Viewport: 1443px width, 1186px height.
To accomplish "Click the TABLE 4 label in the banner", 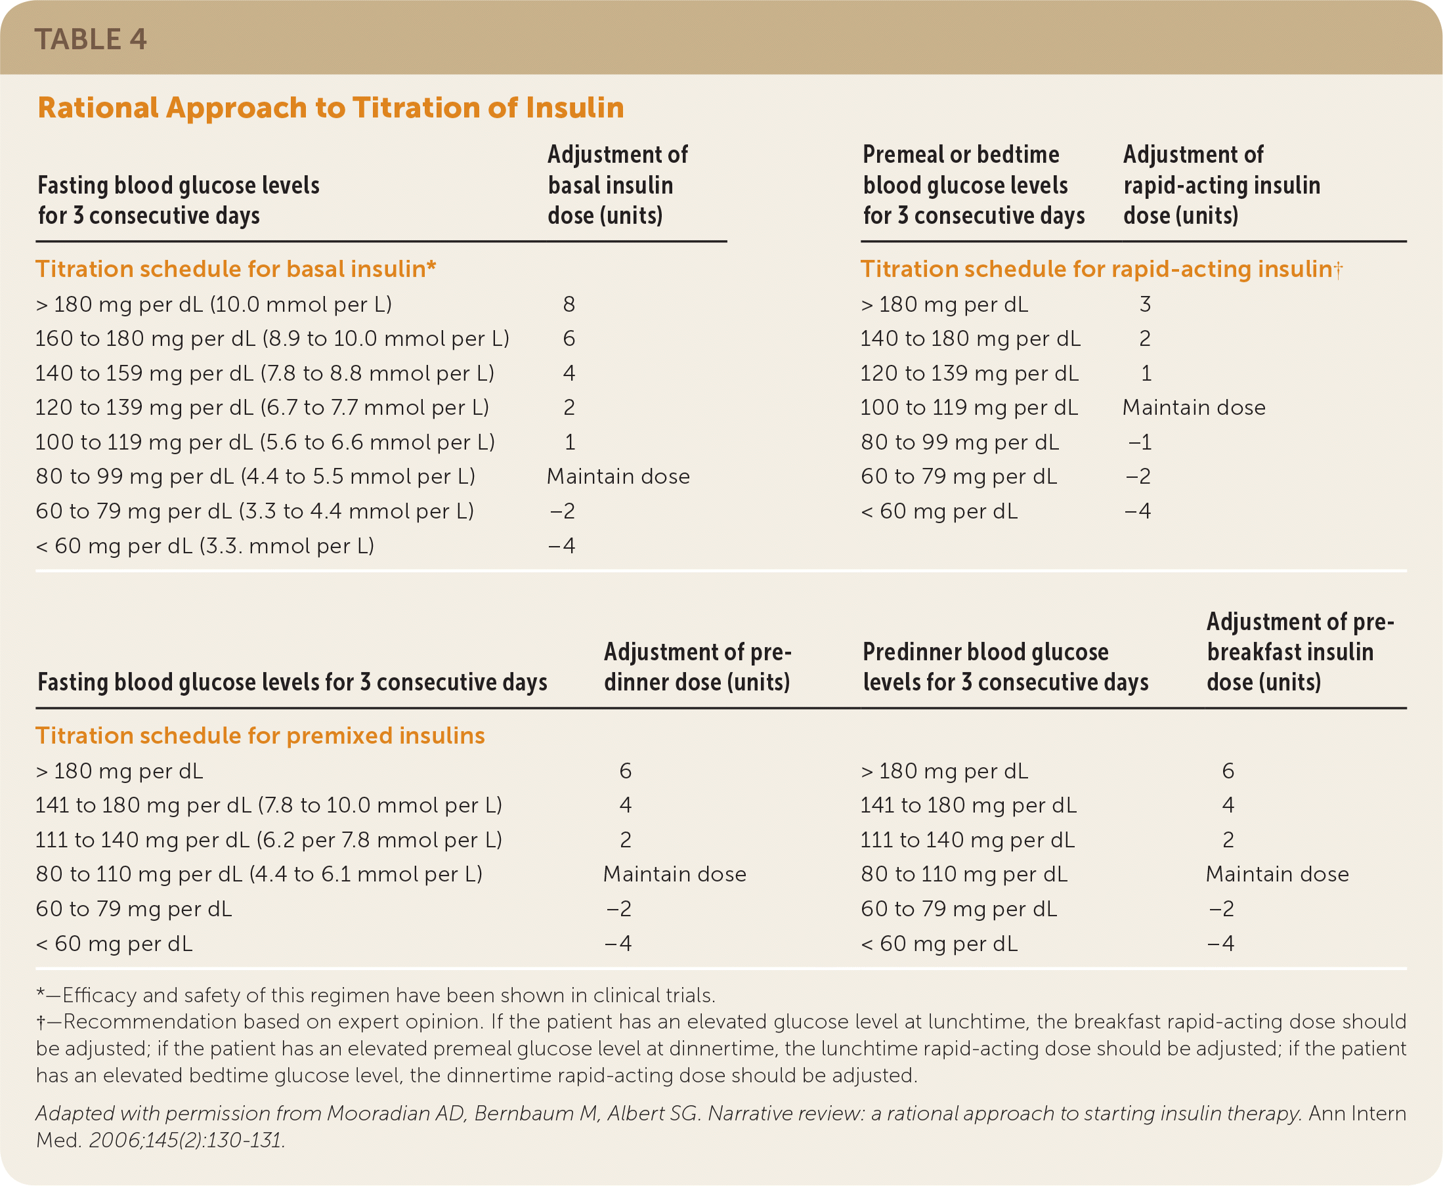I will pyautogui.click(x=90, y=39).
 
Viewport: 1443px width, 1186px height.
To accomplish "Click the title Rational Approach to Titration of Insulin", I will pyautogui.click(x=331, y=108).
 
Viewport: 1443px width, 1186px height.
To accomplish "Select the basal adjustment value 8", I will pyautogui.click(x=569, y=304).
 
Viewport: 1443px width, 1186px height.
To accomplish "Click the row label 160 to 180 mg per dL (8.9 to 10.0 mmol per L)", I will pyautogui.click(x=272, y=339).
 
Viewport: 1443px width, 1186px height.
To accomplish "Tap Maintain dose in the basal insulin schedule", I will pyautogui.click(x=618, y=477).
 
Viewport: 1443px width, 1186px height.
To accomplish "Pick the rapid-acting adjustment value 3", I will pyautogui.click(x=1145, y=304).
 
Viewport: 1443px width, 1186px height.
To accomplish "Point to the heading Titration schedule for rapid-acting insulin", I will pyautogui.click(x=1100, y=269).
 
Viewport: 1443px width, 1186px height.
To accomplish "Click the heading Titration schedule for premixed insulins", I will pyautogui.click(x=259, y=735).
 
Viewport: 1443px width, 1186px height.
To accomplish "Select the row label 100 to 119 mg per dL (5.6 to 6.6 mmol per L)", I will pyautogui.click(x=265, y=442).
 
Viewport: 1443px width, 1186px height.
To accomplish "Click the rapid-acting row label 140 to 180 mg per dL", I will pyautogui.click(x=970, y=339).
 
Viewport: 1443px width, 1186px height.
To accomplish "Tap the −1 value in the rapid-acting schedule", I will pyautogui.click(x=1140, y=442).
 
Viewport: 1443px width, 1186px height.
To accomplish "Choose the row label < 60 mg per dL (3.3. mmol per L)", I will pyautogui.click(x=205, y=546).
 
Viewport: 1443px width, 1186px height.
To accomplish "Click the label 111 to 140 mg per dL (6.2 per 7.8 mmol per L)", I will pyautogui.click(x=269, y=839).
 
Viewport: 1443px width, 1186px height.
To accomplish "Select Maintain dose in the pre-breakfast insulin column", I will pyautogui.click(x=1277, y=874).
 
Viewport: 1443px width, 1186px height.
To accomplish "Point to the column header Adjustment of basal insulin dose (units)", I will pyautogui.click(x=617, y=185).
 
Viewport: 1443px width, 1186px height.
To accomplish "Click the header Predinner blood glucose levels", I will pyautogui.click(x=1005, y=667).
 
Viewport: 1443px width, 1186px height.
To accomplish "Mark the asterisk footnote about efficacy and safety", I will pyautogui.click(x=376, y=996).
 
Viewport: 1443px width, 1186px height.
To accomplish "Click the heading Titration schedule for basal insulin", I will pyautogui.click(x=236, y=269).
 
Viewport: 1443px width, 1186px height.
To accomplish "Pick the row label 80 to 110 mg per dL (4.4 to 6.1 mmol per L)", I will pyautogui.click(x=259, y=874).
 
